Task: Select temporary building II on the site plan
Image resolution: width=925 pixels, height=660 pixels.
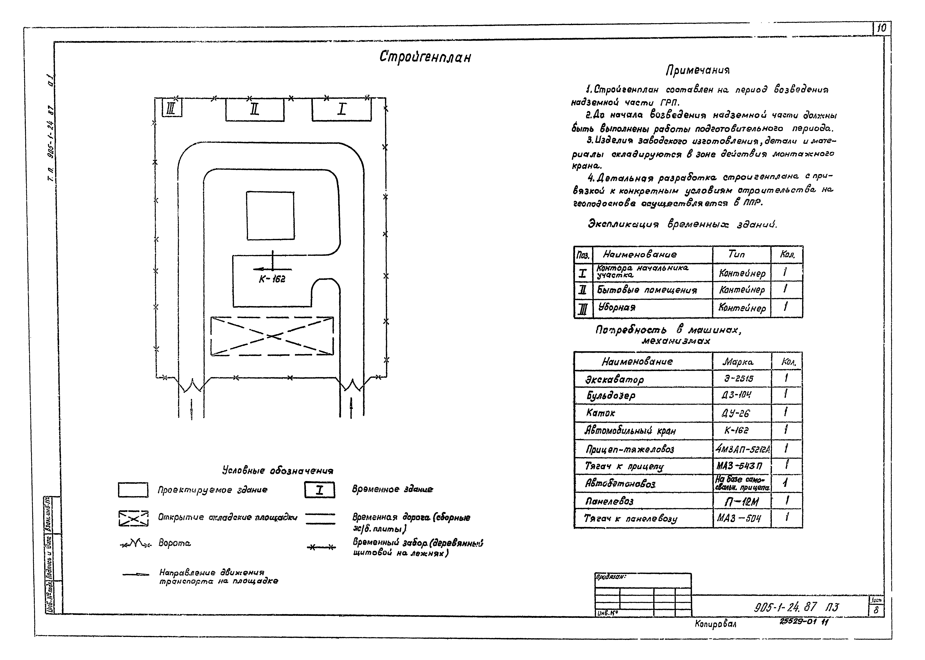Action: click(x=255, y=110)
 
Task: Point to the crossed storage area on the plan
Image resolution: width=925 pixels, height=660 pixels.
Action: click(x=272, y=336)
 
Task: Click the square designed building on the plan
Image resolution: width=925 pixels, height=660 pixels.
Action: click(x=270, y=215)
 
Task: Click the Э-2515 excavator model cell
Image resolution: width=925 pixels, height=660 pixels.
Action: click(x=739, y=379)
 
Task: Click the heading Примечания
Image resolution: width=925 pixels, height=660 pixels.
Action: click(x=697, y=71)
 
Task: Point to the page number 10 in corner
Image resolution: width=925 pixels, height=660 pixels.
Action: click(x=881, y=29)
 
